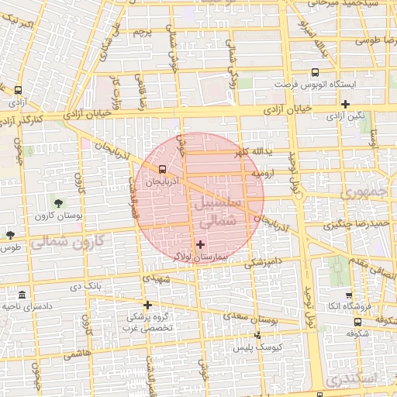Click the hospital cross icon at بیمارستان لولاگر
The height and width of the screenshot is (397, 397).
tap(201, 244)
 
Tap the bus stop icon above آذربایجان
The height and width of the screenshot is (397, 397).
tap(162, 169)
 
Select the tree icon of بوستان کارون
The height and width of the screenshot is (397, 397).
tap(59, 203)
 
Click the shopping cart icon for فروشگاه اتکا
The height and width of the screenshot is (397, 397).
tap(349, 295)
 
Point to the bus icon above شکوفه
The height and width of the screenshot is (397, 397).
tap(357, 322)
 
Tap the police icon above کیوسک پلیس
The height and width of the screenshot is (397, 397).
tap(258, 335)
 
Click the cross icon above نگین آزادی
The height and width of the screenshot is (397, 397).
tap(345, 104)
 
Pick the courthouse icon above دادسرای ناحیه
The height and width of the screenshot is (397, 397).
tap(21, 296)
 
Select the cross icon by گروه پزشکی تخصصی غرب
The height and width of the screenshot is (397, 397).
tap(147, 305)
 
